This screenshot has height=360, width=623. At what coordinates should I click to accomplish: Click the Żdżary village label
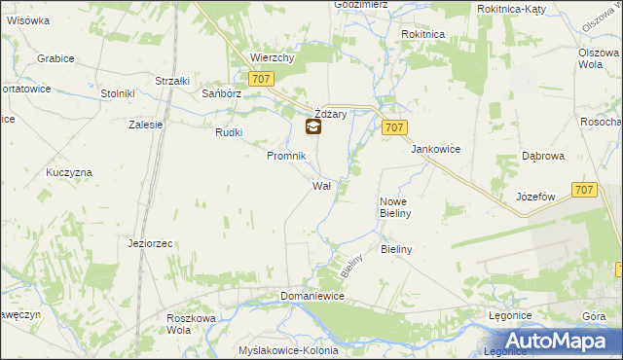330,114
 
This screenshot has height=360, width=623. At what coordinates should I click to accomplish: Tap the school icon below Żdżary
313,126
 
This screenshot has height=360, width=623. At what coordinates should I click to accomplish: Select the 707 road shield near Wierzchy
260,80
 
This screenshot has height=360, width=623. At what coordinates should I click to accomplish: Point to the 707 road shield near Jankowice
394,127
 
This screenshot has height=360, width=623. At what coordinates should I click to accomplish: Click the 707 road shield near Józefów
584,191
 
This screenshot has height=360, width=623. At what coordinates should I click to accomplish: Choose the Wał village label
322,185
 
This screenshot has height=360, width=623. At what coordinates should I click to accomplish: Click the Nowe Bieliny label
395,206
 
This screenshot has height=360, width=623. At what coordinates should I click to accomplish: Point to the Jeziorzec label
150,242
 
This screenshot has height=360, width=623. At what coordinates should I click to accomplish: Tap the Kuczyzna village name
68,172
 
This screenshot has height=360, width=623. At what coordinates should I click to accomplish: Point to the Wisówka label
28,19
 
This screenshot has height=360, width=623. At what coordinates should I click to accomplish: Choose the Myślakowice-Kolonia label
288,350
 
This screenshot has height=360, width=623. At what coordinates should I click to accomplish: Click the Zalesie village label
145,125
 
